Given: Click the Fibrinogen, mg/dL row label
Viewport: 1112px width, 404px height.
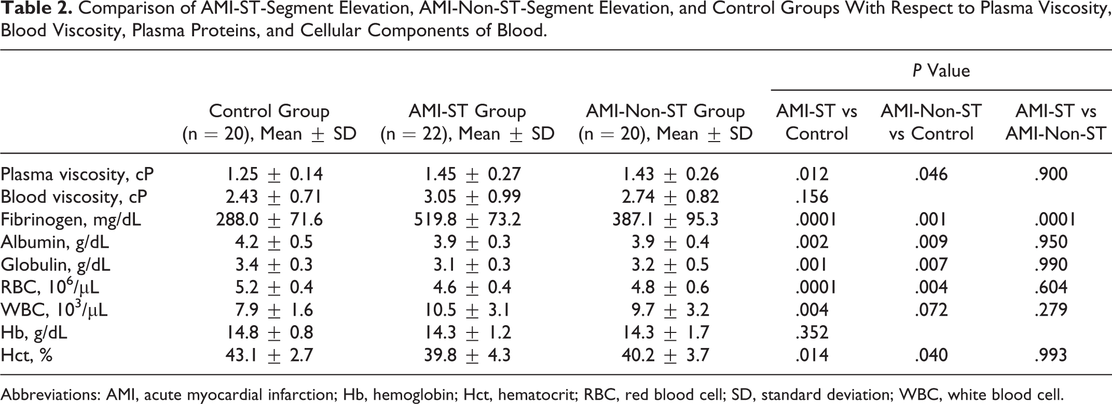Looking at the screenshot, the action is pos(71,220).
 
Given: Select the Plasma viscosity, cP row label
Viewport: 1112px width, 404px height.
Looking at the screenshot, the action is pos(77,175).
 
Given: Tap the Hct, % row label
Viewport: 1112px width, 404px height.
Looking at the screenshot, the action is pos(26,355).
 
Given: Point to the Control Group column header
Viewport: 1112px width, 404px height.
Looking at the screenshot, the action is pos(269,122).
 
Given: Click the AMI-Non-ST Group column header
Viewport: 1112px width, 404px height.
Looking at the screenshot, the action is pos(665,122).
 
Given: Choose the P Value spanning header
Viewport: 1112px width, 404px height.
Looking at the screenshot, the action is pos(941,70).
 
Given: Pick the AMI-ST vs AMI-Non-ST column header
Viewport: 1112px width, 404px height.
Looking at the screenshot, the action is pos(1056,122).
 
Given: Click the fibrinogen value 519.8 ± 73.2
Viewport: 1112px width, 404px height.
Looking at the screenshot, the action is pos(467,220).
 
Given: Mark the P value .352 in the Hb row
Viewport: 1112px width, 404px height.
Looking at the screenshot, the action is pos(812,332).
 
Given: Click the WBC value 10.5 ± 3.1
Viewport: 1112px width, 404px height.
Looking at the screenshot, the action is pos(466,310).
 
